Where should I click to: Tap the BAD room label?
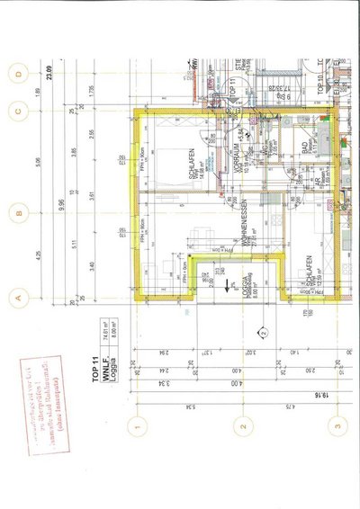click(306, 144)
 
